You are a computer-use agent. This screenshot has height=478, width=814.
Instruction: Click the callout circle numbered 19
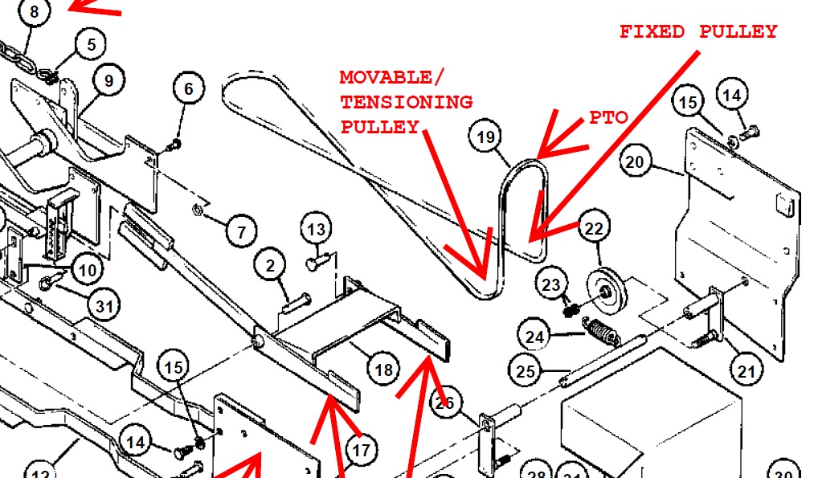click(x=485, y=137)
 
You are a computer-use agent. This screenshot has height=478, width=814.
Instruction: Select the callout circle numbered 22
click(x=593, y=229)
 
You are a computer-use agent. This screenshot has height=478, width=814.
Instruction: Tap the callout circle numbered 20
click(x=635, y=161)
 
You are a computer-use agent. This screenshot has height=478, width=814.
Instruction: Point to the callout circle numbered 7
click(x=240, y=233)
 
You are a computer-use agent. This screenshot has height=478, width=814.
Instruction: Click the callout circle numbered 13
click(x=317, y=230)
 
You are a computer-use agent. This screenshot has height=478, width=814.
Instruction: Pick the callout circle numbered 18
click(x=383, y=369)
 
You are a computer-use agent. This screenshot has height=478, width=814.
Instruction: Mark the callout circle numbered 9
click(x=108, y=80)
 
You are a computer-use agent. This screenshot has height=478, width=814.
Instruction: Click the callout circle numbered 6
click(x=189, y=88)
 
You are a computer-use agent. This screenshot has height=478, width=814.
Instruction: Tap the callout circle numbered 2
click(x=271, y=266)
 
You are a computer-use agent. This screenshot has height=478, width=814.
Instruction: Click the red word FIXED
click(x=652, y=32)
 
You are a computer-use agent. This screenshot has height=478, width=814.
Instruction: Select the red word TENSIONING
click(x=407, y=102)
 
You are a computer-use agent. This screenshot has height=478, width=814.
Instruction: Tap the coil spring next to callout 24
click(x=600, y=330)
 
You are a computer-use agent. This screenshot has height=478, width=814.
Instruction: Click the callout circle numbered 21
click(x=746, y=370)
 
